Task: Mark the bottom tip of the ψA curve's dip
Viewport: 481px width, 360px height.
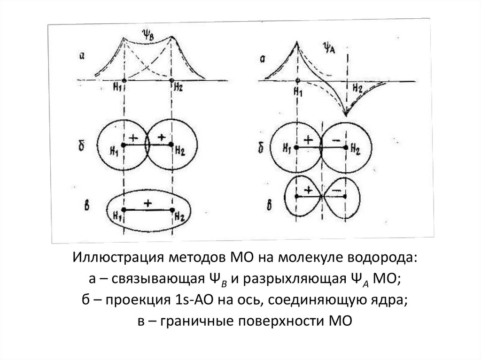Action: (346, 115)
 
